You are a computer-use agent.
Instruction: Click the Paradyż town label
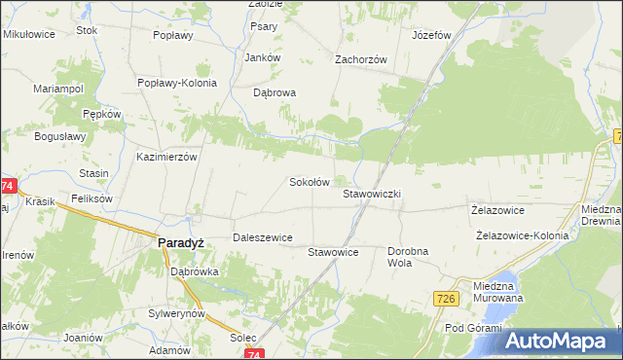(180, 244)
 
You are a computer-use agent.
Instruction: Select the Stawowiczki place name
(372, 194)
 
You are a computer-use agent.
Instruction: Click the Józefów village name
(432, 35)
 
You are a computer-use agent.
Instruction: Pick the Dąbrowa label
(274, 93)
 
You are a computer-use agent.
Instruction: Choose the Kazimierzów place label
(167, 156)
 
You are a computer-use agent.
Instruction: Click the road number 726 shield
(447, 298)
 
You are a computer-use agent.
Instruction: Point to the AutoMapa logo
(559, 342)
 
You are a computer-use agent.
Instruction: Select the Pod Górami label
(471, 327)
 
